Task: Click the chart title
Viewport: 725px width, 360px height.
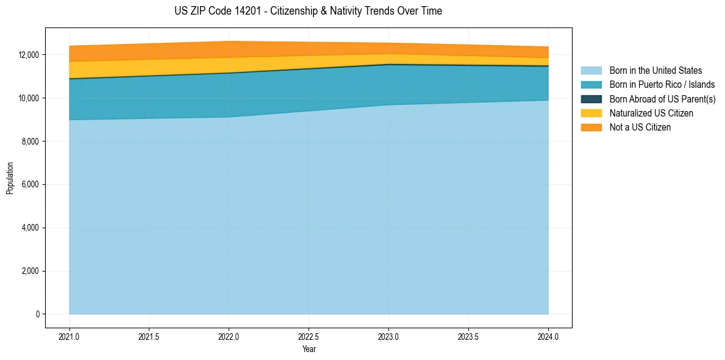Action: pos(308,11)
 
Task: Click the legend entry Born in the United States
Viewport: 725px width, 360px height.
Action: pos(655,71)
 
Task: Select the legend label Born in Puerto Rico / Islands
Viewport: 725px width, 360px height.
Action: pos(662,85)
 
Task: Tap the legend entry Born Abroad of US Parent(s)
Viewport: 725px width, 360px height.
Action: pos(662,99)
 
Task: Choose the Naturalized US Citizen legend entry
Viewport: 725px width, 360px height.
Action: pos(651,113)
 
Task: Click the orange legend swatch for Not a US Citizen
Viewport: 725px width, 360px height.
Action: pos(591,128)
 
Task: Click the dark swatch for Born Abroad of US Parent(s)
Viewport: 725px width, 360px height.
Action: pos(591,99)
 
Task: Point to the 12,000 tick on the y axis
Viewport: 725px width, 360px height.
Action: pos(28,55)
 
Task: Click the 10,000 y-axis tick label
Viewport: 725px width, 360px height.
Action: pos(28,98)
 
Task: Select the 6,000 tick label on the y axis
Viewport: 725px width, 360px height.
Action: pos(30,184)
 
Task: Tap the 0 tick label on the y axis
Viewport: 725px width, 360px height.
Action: pos(37,314)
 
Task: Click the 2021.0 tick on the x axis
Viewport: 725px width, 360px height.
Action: pos(69,336)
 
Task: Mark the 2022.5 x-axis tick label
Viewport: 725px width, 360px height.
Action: pos(309,336)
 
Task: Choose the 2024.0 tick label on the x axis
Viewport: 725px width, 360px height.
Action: pos(548,336)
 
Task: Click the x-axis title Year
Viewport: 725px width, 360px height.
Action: pos(309,349)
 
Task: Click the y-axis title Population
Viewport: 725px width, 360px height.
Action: pos(10,178)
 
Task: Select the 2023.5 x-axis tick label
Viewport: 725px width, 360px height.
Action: pos(468,336)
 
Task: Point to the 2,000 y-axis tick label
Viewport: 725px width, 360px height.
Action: pos(30,271)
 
